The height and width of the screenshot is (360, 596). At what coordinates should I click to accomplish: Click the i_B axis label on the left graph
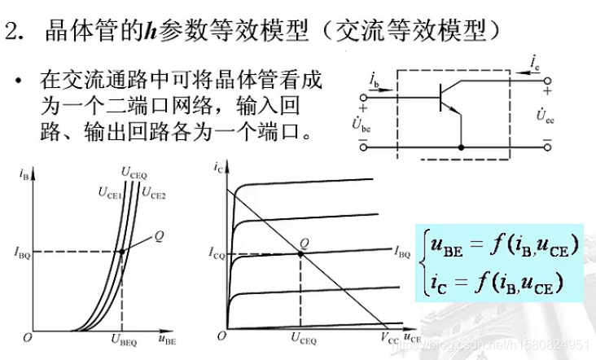point(24,172)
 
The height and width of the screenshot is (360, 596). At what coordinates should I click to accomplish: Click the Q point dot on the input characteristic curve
point(122,252)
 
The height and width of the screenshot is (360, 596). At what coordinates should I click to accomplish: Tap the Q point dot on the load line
point(302,253)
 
